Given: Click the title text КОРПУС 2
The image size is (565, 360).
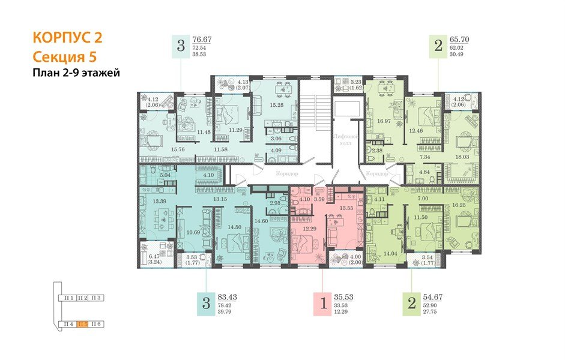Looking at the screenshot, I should pos(67,38).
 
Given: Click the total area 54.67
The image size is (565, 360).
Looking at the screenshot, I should pos(434,297).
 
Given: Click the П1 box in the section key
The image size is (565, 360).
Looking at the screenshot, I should pos(69,298).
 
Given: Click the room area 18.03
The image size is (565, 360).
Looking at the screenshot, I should pos(462,157).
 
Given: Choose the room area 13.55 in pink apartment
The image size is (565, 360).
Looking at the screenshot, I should pos(346,208).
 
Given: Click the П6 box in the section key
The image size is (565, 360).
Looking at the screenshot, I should pos(97,325).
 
